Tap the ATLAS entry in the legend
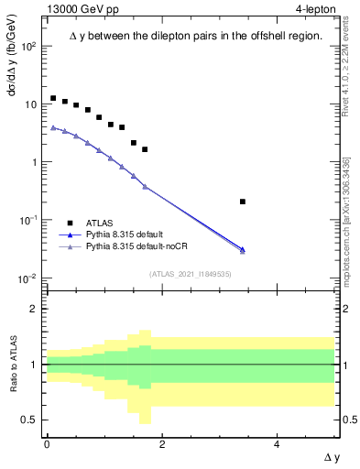100,222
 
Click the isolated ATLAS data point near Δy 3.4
243,202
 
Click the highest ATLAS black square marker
53,98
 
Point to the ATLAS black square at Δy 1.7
145,149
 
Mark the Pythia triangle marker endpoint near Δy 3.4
243,249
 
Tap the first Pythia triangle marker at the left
53,127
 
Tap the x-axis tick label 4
278,444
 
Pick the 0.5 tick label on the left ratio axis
31,420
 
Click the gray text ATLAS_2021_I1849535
190,273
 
